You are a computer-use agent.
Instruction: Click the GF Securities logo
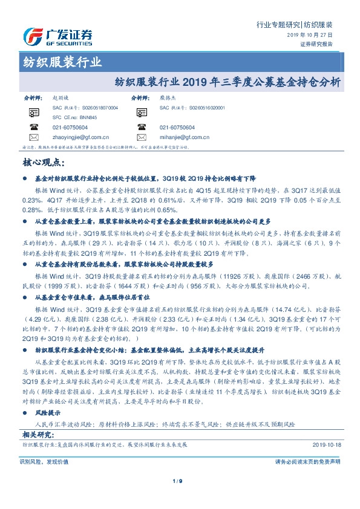coord(57,36)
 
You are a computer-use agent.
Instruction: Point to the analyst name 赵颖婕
coord(61,97)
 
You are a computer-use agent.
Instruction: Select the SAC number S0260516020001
coord(217,107)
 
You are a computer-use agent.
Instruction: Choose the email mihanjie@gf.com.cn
coord(185,137)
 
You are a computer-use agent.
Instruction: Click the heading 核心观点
coord(43,162)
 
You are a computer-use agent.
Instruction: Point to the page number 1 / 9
coord(179,481)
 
